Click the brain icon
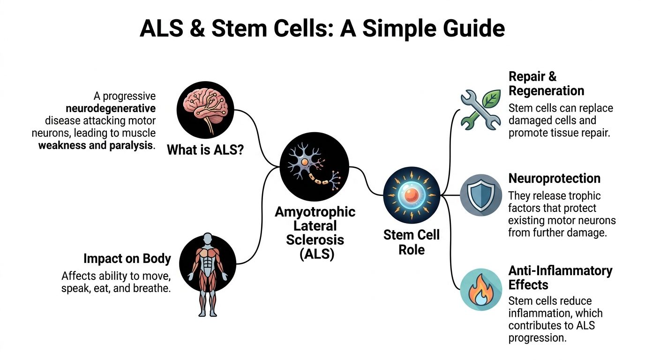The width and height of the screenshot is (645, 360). pyautogui.click(x=205, y=110)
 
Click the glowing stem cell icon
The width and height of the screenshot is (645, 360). pyautogui.click(x=411, y=195)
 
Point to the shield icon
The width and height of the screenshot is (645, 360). pyautogui.click(x=480, y=195)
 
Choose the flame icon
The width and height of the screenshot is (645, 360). pyautogui.click(x=480, y=289)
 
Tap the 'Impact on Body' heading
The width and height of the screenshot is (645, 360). pyautogui.click(x=127, y=259)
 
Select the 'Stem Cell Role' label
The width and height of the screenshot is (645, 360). pyautogui.click(x=411, y=242)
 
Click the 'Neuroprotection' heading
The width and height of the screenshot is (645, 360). pyautogui.click(x=554, y=179)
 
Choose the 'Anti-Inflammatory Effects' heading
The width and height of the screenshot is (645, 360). pyautogui.click(x=560, y=277)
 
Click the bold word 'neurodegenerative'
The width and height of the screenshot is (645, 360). pyautogui.click(x=111, y=108)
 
